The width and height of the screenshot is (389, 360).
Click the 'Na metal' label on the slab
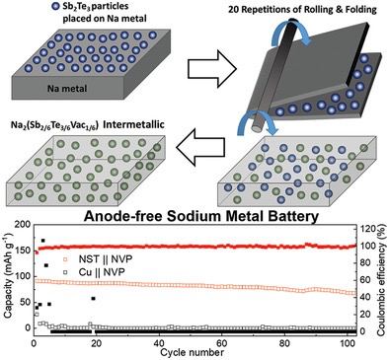point(67,89)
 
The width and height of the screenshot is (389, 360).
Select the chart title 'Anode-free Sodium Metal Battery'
point(201,217)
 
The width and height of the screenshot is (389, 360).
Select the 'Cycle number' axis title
point(193,352)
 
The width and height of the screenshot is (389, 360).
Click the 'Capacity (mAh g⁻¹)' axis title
point(8,275)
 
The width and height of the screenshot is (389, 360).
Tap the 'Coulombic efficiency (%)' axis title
point(382,279)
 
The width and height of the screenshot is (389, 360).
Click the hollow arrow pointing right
point(212,69)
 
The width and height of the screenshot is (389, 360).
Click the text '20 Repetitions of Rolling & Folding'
point(302,10)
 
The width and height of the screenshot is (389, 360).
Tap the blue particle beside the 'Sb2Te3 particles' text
point(56,7)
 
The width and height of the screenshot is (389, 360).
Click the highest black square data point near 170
point(42,241)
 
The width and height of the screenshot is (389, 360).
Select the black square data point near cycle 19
point(93,299)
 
